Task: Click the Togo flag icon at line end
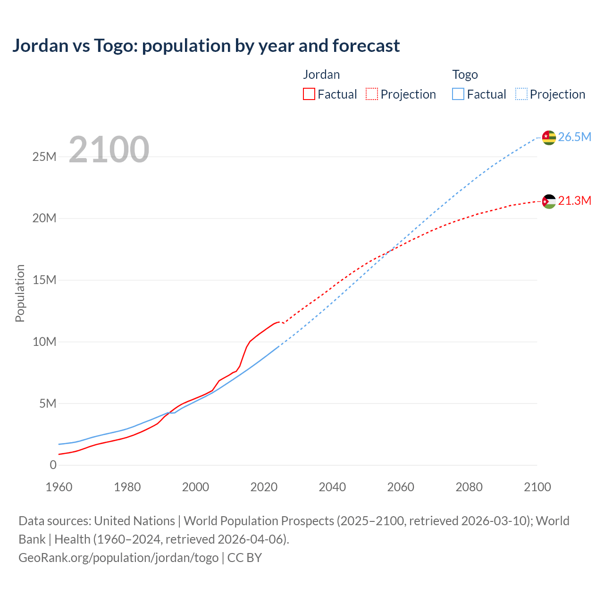(x=549, y=137)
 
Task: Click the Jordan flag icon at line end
(x=549, y=201)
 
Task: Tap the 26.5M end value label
(x=574, y=137)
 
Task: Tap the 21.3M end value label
(x=574, y=201)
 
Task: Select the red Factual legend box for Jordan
(x=309, y=94)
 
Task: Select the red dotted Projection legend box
(x=372, y=94)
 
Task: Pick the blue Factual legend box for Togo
(x=458, y=94)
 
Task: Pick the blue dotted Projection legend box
(x=521, y=94)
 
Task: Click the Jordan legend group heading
(x=321, y=75)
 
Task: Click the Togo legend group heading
(x=465, y=75)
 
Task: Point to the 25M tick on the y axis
(x=44, y=157)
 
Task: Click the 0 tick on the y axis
(x=53, y=465)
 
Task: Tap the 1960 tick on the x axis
(x=59, y=487)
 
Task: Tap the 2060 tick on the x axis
(x=401, y=487)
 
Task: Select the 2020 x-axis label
(x=264, y=487)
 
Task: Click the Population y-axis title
(x=20, y=293)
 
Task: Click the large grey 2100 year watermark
(x=109, y=150)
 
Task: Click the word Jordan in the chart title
(x=40, y=46)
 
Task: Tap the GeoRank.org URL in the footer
(x=118, y=557)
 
